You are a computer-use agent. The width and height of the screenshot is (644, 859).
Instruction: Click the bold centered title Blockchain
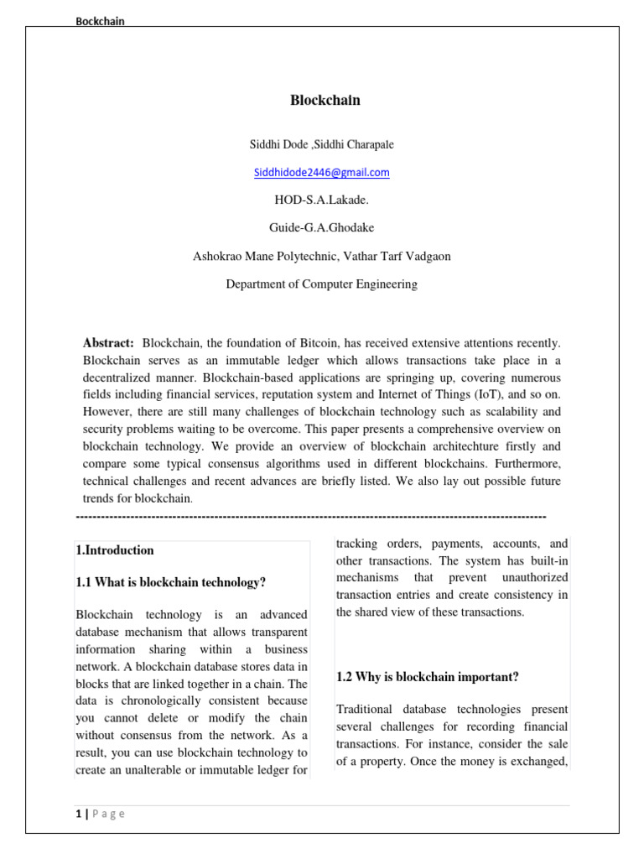pos(325,101)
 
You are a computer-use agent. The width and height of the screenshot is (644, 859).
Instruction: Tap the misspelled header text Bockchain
pos(101,22)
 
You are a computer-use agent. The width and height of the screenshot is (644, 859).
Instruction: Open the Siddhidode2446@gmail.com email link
pos(322,173)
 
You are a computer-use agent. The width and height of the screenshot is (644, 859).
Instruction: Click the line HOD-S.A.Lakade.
pos(322,200)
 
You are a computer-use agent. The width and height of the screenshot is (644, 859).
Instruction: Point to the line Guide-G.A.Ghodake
pos(322,228)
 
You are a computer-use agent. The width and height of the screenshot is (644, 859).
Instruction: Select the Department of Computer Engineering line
pos(322,284)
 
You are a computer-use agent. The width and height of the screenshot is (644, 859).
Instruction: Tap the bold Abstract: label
pos(108,343)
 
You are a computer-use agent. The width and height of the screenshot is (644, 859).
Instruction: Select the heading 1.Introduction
pos(115,550)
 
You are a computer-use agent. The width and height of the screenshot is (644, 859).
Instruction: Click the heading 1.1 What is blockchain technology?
pos(171,582)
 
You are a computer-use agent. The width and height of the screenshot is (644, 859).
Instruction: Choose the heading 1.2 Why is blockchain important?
pos(428,676)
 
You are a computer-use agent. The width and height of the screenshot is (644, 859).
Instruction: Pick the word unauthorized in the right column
pos(535,578)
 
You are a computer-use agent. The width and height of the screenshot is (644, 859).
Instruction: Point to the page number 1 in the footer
pos(78,814)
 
